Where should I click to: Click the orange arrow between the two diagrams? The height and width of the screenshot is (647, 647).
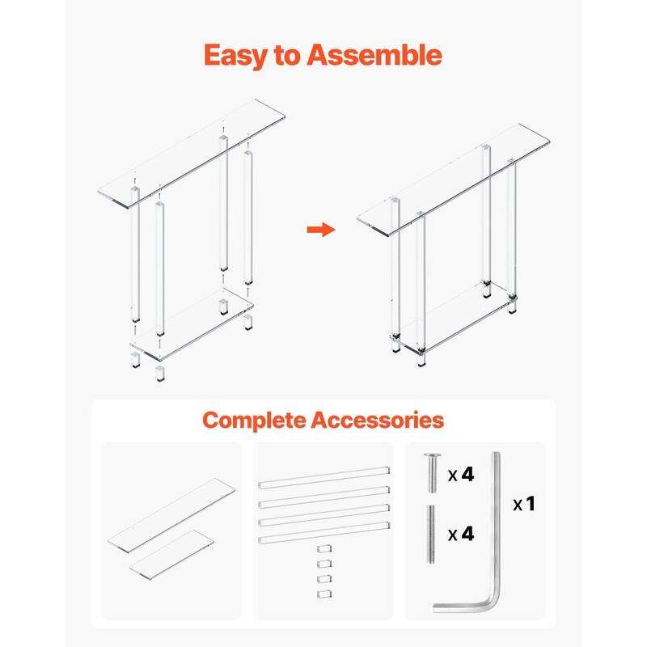point(321,230)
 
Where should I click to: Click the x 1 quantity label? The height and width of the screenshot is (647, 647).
point(524,504)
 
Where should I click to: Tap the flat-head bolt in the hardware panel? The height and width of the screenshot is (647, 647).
point(429,473)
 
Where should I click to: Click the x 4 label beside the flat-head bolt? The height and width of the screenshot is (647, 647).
point(461,474)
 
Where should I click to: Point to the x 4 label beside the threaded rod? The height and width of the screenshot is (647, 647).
point(461,535)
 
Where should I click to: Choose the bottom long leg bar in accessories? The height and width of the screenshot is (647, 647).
point(323,535)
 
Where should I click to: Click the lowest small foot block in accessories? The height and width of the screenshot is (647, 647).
point(323,594)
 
